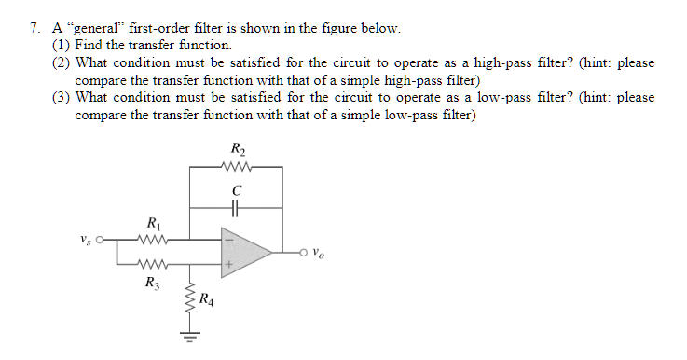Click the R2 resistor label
pyautogui.click(x=236, y=149)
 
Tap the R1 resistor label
pyautogui.click(x=153, y=222)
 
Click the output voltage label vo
pyautogui.click(x=320, y=250)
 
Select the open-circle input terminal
pyautogui.click(x=101, y=239)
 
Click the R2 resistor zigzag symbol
pyautogui.click(x=236, y=168)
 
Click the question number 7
pyautogui.click(x=34, y=28)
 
